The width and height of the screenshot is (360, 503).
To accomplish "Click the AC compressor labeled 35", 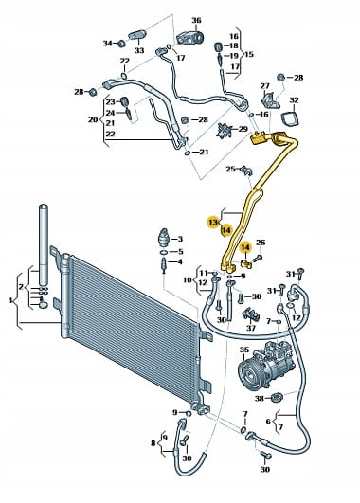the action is pyautogui.click(x=265, y=365).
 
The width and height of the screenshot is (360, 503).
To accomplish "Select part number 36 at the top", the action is pyautogui.click(x=196, y=20).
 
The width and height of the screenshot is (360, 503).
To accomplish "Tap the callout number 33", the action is pyautogui.click(x=139, y=50).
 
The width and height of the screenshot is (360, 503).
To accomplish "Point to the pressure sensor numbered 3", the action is pyautogui.click(x=163, y=237).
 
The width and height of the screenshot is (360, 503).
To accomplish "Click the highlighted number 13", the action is pyautogui.click(x=213, y=222).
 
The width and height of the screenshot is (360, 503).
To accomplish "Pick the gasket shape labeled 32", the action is pyautogui.click(x=291, y=118).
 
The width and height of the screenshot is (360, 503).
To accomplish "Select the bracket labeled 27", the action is pyautogui.click(x=270, y=99).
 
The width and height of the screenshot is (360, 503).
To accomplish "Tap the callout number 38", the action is pyautogui.click(x=259, y=399).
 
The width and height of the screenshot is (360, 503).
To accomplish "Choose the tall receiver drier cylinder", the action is pyautogui.click(x=44, y=244).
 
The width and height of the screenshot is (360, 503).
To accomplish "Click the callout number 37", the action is pyautogui.click(x=251, y=328).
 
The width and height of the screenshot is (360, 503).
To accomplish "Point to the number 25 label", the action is pyautogui.click(x=231, y=169).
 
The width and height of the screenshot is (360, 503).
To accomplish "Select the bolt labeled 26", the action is pyautogui.click(x=257, y=258).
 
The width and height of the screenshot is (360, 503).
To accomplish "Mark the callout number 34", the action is pyautogui.click(x=107, y=43).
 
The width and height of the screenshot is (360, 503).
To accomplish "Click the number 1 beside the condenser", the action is pyautogui.click(x=10, y=300).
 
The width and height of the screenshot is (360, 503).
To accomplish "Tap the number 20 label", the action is pyautogui.click(x=93, y=119).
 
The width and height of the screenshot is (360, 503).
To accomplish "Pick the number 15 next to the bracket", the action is pyautogui.click(x=249, y=54).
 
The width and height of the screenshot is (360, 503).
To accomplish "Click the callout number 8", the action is pyautogui.click(x=153, y=443).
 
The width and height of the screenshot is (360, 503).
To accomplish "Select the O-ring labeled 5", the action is pyautogui.click(x=163, y=252).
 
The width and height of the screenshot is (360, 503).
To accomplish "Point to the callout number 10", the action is pyautogui.click(x=188, y=279).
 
